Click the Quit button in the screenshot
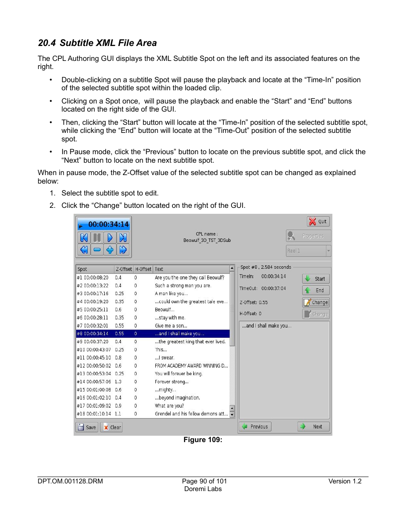[318, 221]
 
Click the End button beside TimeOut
[316, 290]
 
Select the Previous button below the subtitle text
[255, 427]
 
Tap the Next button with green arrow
[314, 427]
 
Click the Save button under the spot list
[87, 427]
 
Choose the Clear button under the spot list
[112, 427]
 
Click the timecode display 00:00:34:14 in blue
[104, 224]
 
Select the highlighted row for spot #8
[152, 334]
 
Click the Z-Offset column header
[124, 269]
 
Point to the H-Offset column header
[143, 269]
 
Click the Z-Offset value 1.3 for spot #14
[118, 382]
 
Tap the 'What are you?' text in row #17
[169, 406]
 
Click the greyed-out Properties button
[309, 236]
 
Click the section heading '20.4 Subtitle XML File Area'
[97, 43]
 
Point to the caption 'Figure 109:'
[203, 440]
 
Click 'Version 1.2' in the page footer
[345, 481]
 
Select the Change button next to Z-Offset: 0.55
[316, 302]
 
